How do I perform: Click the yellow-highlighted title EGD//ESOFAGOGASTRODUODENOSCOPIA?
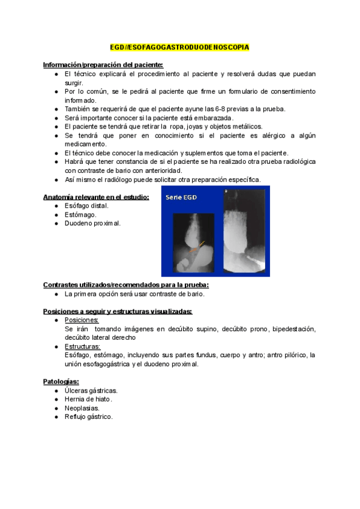180,47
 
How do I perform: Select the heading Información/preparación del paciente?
103,65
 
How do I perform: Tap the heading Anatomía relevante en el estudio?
96,197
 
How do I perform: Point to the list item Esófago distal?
86,205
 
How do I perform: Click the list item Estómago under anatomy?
80,214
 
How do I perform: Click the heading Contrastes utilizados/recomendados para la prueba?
126,285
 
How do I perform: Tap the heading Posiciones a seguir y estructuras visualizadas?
118,312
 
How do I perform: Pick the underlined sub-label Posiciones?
82,321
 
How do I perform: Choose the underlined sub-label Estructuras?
82,346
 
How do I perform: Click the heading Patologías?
61,381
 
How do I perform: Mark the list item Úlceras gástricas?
91,390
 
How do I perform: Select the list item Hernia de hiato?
88,399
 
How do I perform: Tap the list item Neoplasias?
82,408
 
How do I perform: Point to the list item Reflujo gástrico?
89,417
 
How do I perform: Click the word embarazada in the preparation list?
214,118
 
